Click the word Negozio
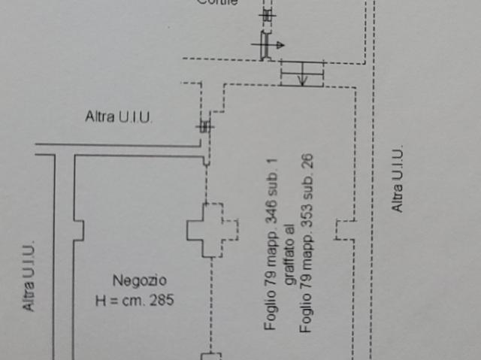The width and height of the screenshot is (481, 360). coord(139,280)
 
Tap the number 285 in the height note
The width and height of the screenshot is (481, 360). coord(161,300)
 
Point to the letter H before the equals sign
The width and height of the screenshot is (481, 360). coord(101,300)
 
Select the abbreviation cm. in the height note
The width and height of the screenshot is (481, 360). coord(135,300)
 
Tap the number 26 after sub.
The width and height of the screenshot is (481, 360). coord(307,164)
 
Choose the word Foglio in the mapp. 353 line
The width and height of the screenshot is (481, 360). coord(307,316)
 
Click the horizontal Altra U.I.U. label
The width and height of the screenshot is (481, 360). coord(118,116)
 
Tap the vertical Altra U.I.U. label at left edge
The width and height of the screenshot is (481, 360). coord(28,276)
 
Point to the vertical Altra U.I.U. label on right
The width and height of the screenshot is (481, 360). coord(398,179)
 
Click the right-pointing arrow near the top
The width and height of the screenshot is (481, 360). coord(277,46)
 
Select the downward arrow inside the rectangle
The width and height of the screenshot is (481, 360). coord(302,74)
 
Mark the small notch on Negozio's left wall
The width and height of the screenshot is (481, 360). coord(78,229)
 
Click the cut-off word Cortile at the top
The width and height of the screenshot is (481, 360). coord(217,2)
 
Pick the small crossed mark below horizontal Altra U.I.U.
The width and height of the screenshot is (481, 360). coord(204,126)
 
